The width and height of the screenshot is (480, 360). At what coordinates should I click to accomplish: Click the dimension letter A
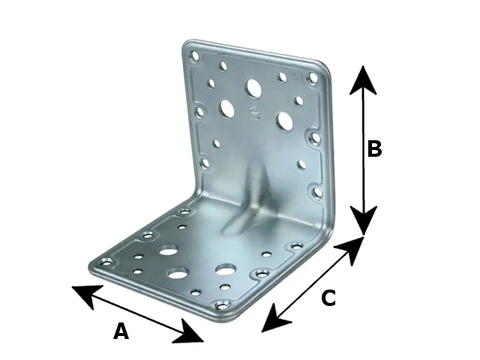(x=121, y=331)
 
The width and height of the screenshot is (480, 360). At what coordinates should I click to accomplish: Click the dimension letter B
(x=374, y=149)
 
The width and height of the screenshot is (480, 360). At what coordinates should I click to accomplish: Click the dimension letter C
(x=328, y=298)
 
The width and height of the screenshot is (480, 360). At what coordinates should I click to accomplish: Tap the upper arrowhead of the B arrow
(x=363, y=80)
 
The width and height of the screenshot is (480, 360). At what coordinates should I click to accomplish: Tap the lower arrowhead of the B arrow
(x=363, y=220)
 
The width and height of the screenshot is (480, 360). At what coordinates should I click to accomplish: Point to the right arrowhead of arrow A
(x=188, y=331)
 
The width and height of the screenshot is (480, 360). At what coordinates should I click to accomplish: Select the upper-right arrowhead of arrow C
(x=350, y=250)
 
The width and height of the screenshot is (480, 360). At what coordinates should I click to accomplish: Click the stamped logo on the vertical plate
(x=255, y=113)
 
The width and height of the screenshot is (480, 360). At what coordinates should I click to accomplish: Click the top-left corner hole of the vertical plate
(x=195, y=57)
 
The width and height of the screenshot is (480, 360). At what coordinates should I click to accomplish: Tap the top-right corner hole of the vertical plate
(x=313, y=77)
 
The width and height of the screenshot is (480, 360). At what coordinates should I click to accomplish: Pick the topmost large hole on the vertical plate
(x=254, y=88)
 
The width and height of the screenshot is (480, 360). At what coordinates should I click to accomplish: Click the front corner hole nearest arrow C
(x=223, y=305)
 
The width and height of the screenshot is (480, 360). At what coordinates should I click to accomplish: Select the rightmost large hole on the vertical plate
(x=285, y=120)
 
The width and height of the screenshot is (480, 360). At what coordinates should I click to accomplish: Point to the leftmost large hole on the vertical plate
(x=227, y=108)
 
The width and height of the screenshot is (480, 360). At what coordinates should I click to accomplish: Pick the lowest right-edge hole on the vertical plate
(x=318, y=192)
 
